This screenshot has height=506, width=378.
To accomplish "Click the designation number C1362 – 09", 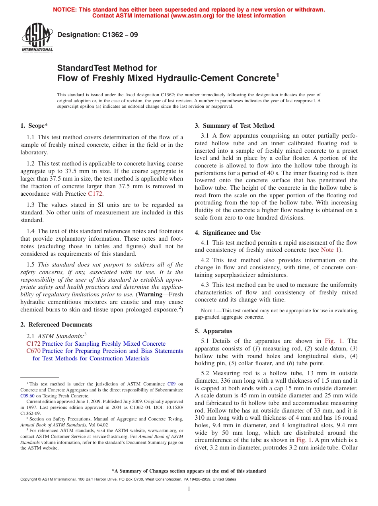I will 97,35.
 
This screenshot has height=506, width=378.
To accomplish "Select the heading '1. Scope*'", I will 34,126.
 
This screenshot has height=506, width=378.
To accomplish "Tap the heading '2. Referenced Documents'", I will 56,325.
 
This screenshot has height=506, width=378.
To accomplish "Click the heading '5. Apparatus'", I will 213,331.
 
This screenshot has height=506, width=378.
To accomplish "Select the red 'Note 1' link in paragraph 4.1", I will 330,250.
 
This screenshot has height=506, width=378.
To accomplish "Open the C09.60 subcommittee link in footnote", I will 27,396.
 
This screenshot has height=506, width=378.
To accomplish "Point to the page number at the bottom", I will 189,489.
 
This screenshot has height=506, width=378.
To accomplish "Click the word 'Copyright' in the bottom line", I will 29,479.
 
